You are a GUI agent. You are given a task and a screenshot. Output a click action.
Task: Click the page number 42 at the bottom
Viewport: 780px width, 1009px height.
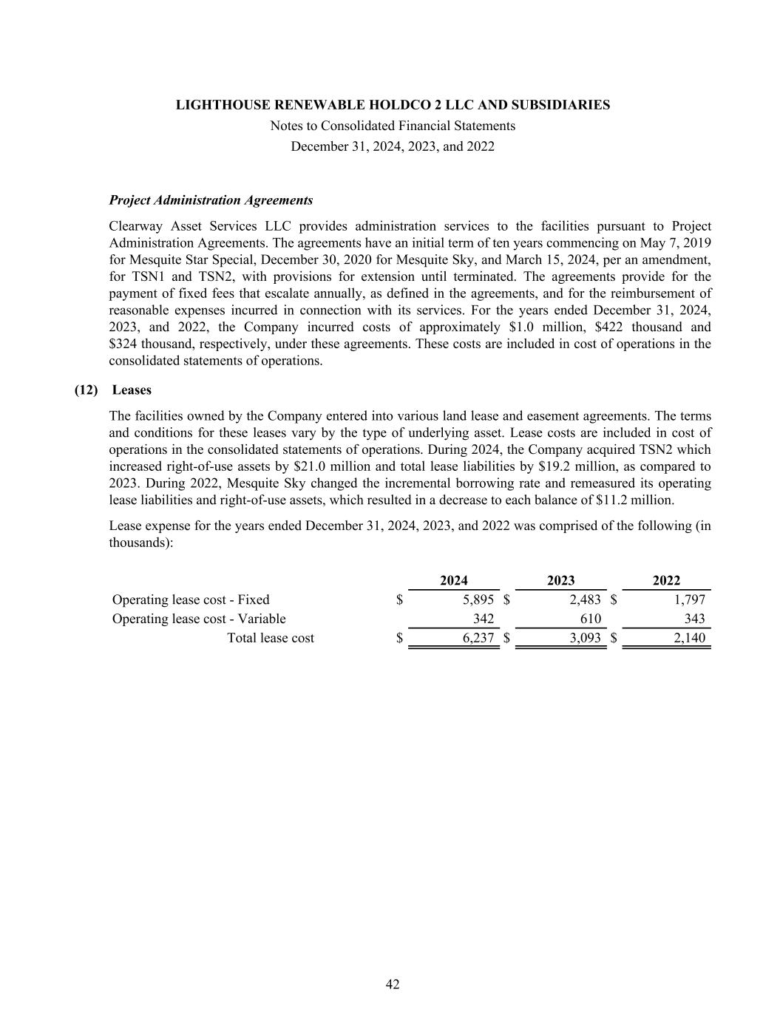(393, 984)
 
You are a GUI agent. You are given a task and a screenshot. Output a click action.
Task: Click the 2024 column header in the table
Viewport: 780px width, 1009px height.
(453, 581)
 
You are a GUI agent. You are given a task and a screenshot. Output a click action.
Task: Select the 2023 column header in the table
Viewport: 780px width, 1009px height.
(560, 581)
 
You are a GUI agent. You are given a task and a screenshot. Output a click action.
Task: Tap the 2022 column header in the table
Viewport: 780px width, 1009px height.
(666, 581)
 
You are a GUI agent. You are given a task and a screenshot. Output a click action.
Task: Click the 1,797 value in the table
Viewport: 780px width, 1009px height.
(689, 599)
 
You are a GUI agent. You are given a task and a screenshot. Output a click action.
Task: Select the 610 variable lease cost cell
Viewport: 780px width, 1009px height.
(590, 619)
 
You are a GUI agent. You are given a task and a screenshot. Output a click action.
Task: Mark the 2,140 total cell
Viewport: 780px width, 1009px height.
(689, 638)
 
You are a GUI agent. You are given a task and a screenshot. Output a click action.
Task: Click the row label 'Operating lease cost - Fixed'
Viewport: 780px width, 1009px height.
(191, 599)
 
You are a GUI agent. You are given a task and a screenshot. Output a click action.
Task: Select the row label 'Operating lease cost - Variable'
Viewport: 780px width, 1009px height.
(199, 619)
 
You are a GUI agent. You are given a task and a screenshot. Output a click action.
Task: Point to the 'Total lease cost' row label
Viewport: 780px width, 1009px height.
(270, 638)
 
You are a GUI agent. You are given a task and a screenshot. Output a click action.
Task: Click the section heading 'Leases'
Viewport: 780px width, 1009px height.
(132, 390)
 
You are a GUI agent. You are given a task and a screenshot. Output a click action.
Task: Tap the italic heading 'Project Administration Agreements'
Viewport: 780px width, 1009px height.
(211, 200)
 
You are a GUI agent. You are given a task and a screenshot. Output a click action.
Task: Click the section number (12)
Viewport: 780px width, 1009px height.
(86, 390)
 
